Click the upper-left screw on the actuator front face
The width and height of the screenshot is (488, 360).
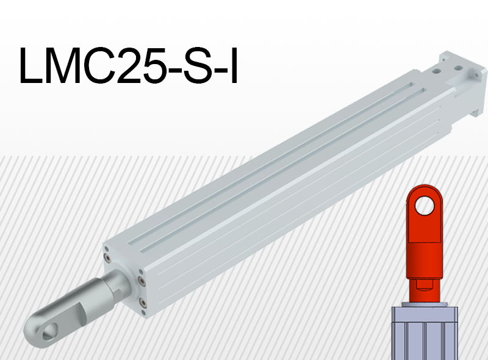[x=107, y=250]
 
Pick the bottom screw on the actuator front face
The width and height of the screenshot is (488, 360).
[x=143, y=301]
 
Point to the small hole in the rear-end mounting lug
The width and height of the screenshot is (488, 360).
[x=472, y=73]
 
